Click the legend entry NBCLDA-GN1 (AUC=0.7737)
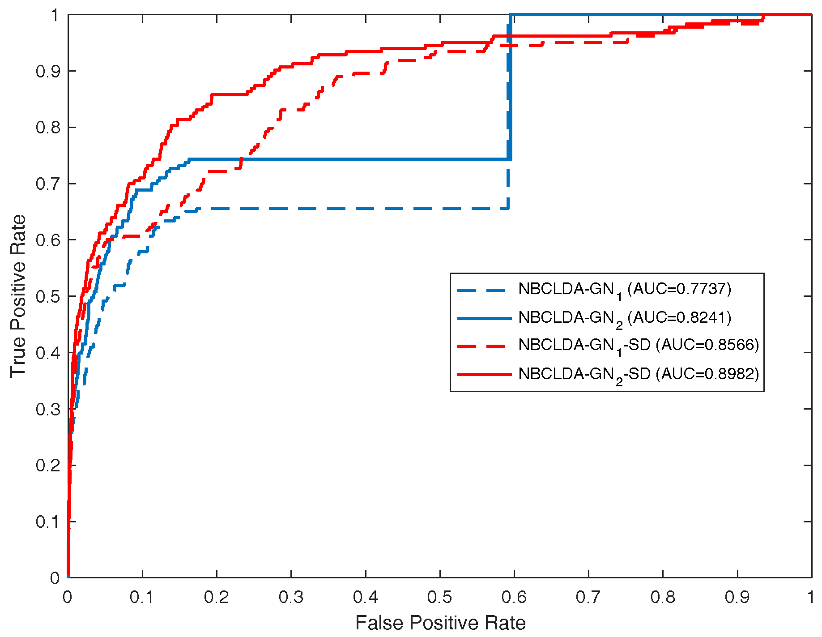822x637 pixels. (x=624, y=290)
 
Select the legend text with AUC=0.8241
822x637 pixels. (x=624, y=318)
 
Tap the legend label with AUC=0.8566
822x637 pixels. (x=639, y=346)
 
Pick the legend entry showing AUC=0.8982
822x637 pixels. (x=639, y=374)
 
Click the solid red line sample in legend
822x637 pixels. (x=484, y=374)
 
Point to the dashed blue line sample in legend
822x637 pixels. (x=484, y=290)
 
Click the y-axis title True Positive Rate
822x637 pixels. (x=18, y=296)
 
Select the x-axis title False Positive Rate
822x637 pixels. (x=440, y=623)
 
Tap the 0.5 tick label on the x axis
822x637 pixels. (x=439, y=597)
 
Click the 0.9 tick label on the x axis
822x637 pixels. (x=737, y=597)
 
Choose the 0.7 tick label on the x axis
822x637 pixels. (x=588, y=597)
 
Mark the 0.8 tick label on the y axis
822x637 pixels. (x=47, y=128)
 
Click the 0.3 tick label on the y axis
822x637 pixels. (x=47, y=409)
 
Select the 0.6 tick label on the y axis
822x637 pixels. (x=47, y=240)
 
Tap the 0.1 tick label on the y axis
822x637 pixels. (x=47, y=522)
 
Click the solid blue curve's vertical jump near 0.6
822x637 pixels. (x=511, y=90)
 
